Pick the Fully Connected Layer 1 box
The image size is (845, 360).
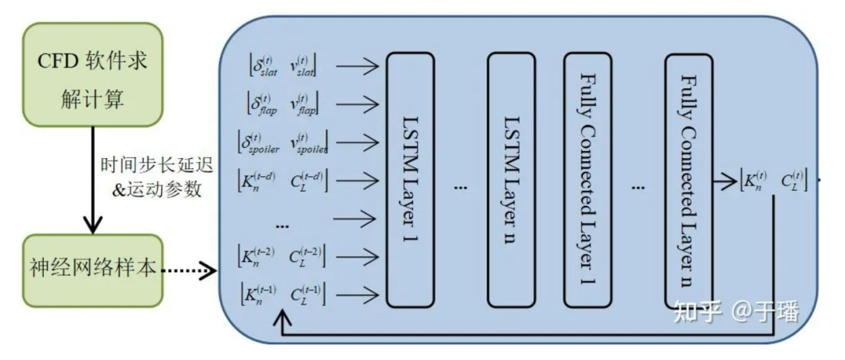click(589, 178)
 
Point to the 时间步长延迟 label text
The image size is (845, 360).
click(148, 166)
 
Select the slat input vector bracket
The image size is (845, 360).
click(282, 65)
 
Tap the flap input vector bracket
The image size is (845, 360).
click(282, 103)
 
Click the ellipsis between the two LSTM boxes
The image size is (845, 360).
click(460, 189)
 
